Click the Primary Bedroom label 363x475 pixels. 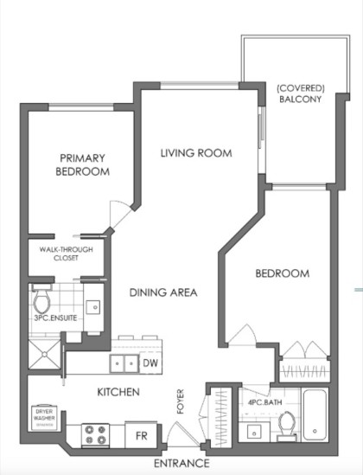83,165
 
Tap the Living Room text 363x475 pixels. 196,153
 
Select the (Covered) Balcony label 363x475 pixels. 298,93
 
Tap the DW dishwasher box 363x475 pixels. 150,363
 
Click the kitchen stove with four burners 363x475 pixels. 94,433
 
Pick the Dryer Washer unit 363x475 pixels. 46,416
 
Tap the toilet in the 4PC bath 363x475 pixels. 287,425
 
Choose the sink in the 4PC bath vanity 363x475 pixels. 253,430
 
